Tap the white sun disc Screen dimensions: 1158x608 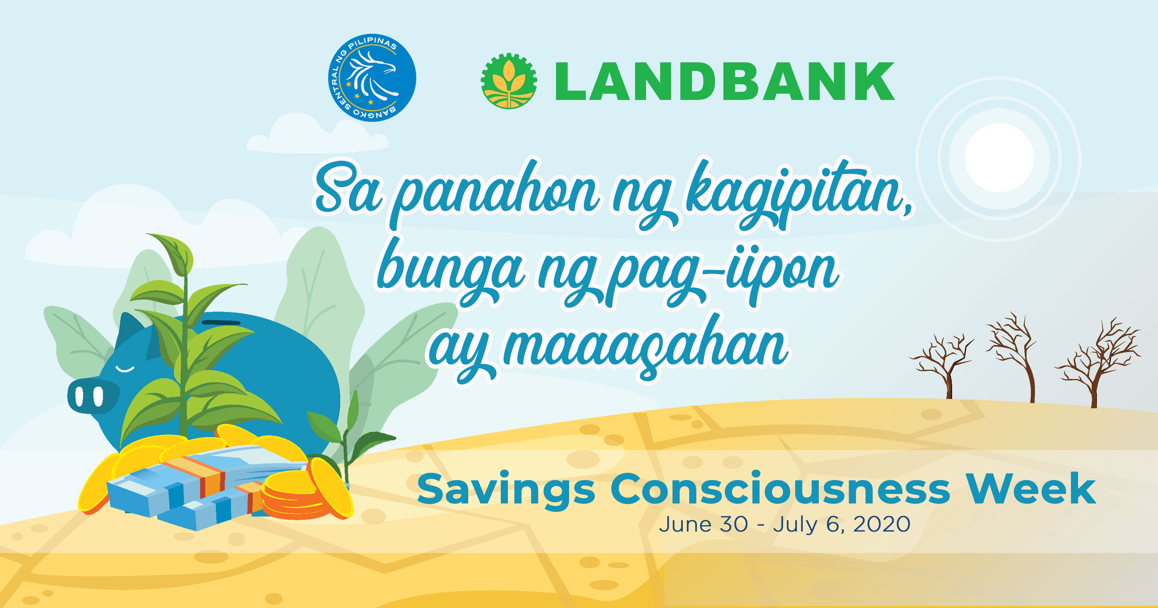pos(999,157)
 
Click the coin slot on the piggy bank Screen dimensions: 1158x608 pos(221,322)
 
